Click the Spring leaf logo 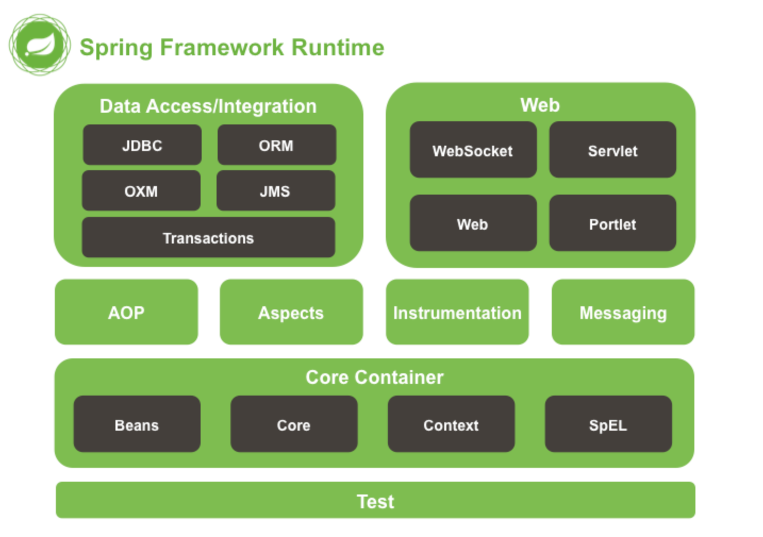(x=39, y=45)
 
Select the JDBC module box (x=142, y=145)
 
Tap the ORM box (x=277, y=145)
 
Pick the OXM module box (x=141, y=191)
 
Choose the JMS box (x=276, y=191)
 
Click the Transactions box (x=208, y=238)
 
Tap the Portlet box (x=612, y=223)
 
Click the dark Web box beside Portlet (x=472, y=223)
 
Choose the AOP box (x=126, y=312)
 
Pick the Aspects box (x=291, y=312)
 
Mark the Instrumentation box (x=457, y=312)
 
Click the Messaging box (x=623, y=312)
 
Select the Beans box (x=137, y=424)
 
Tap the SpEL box (x=608, y=424)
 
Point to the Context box (x=451, y=424)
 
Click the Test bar (x=375, y=500)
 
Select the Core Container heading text (x=374, y=377)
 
